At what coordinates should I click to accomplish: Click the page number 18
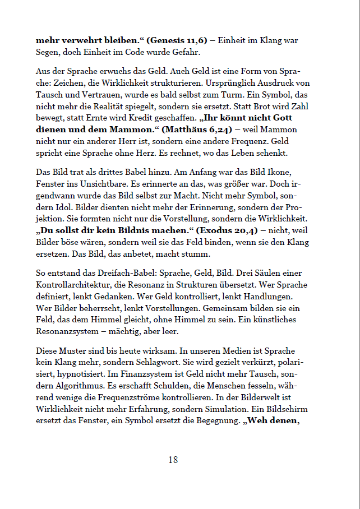pyautogui.click(x=173, y=460)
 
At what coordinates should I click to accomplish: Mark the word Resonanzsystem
pyautogui.click(x=68, y=331)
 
